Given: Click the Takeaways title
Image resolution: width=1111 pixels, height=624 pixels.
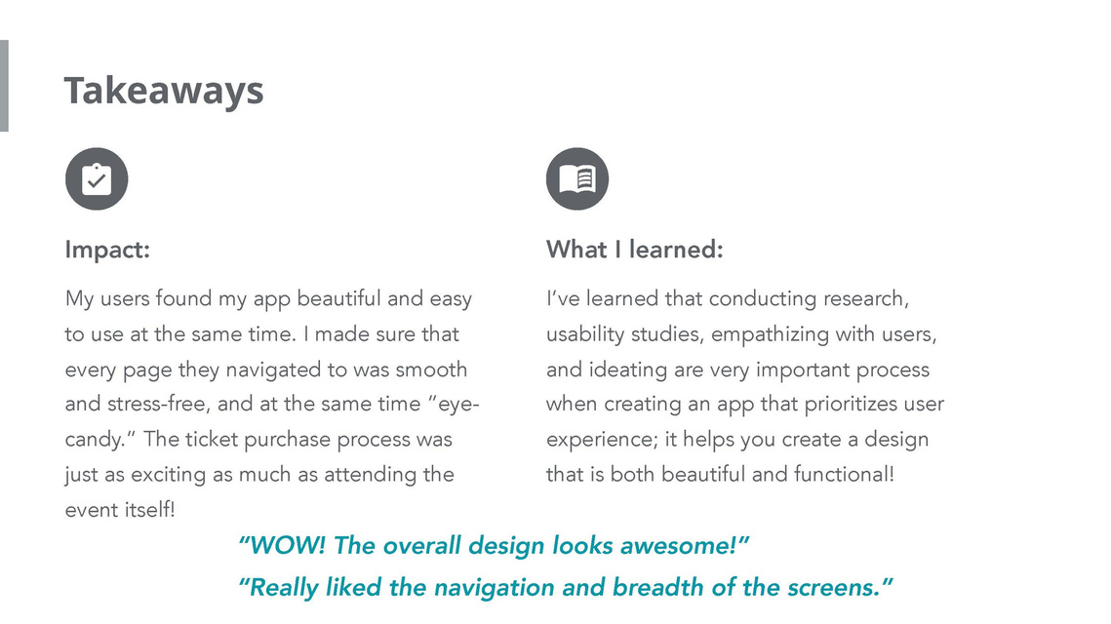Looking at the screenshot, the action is pos(164,92).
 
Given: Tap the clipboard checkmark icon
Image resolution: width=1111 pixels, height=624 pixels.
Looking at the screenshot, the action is pos(97,178).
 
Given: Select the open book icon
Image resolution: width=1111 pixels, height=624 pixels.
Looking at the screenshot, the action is pos(577,178).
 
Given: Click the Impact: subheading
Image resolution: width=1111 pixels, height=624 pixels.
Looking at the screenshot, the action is pos(107,250).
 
